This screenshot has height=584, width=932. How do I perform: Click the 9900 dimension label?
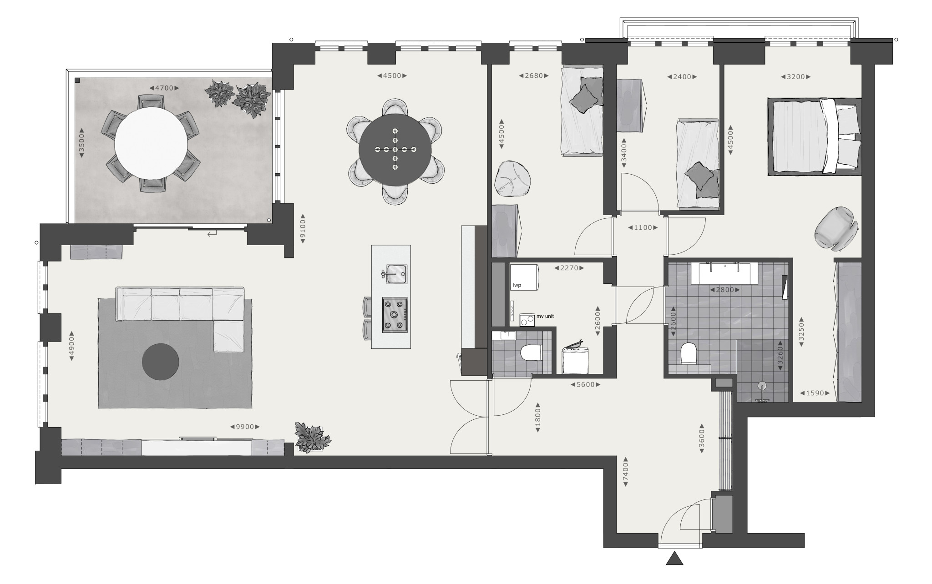coord(245,427)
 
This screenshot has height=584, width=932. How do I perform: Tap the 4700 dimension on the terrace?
coord(164,88)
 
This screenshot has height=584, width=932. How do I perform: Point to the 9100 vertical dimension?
coord(303,230)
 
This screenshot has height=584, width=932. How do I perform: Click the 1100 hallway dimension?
coord(643,227)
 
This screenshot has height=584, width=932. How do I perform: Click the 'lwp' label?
coord(517,285)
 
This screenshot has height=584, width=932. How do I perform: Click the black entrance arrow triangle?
coord(674,559)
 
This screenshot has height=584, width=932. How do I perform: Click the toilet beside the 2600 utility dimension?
coord(531,352)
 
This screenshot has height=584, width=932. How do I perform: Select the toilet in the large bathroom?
coord(689,354)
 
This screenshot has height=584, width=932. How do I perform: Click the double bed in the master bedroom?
coord(815,136)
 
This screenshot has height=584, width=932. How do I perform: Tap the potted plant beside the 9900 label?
coord(312,437)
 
